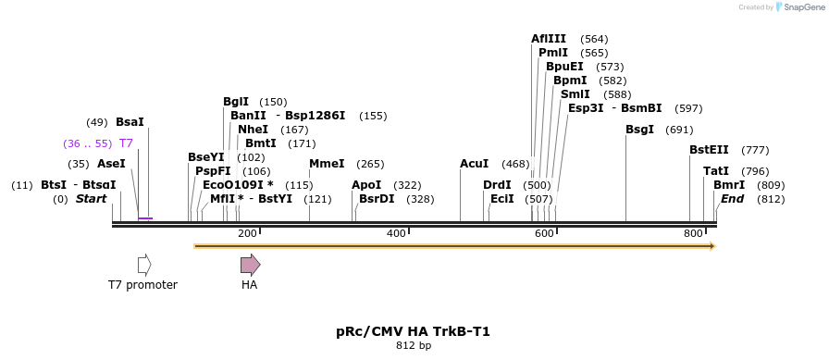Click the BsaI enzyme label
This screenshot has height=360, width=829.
(x=130, y=122)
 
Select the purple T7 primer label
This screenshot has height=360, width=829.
(x=126, y=143)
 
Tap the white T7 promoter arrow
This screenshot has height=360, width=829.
(x=143, y=265)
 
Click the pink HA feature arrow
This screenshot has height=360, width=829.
(x=250, y=265)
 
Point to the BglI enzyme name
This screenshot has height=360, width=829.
(x=236, y=102)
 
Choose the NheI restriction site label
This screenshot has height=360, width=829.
(x=253, y=130)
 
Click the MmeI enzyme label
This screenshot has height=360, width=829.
(x=327, y=164)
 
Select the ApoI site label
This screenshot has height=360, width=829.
(x=366, y=185)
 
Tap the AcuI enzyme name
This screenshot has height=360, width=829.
(x=475, y=164)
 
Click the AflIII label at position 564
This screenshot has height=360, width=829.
(x=549, y=39)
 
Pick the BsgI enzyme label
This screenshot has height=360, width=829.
(x=640, y=130)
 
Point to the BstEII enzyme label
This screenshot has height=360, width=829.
(x=709, y=150)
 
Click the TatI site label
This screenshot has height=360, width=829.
(x=716, y=171)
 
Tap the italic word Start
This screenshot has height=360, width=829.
(x=92, y=199)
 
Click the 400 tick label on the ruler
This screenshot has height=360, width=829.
(x=396, y=234)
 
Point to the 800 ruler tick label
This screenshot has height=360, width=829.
(x=693, y=234)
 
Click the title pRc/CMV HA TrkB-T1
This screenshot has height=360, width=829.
(x=413, y=330)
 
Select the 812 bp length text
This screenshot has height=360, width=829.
(x=413, y=346)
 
